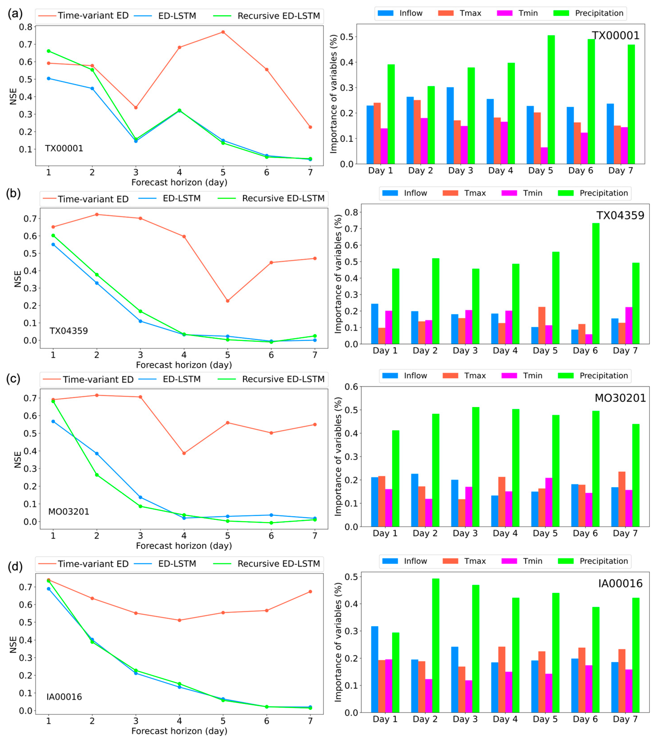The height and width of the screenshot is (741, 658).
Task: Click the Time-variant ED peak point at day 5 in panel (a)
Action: click(223, 32)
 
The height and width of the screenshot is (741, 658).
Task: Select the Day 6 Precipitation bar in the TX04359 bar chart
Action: click(596, 284)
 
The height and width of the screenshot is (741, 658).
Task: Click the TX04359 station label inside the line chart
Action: click(69, 331)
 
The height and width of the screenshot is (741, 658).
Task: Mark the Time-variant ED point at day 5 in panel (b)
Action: click(227, 301)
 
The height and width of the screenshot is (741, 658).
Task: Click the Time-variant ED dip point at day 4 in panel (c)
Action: click(184, 453)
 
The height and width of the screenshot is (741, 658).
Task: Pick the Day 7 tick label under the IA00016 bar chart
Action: click(625, 719)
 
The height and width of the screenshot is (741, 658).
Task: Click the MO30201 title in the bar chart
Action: click(620, 398)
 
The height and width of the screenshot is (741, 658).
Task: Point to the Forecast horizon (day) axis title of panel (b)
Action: click(184, 365)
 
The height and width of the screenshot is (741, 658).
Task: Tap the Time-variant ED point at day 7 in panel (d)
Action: click(310, 592)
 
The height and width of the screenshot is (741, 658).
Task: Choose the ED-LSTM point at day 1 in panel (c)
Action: click(53, 421)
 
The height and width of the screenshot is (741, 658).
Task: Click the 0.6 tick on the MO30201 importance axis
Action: click(351, 387)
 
